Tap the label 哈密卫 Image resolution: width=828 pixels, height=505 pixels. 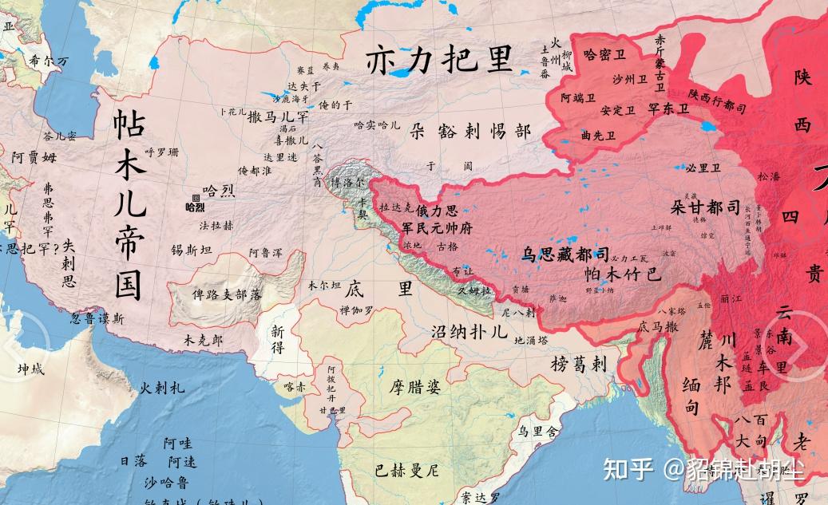pos(604,55)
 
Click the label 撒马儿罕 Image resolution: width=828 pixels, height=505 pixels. pos(279,116)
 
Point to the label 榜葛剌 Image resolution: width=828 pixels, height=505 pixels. pos(579,365)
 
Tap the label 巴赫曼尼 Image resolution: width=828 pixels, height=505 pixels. pos(407,469)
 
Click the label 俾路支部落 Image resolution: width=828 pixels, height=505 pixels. pos(227,294)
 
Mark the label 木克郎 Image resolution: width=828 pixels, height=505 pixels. pos(204,339)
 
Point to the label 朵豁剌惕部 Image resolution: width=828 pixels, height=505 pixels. pos(469,131)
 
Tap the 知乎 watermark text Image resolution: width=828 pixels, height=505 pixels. pos(629,469)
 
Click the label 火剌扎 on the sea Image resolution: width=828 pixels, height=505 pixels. pos(162,389)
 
